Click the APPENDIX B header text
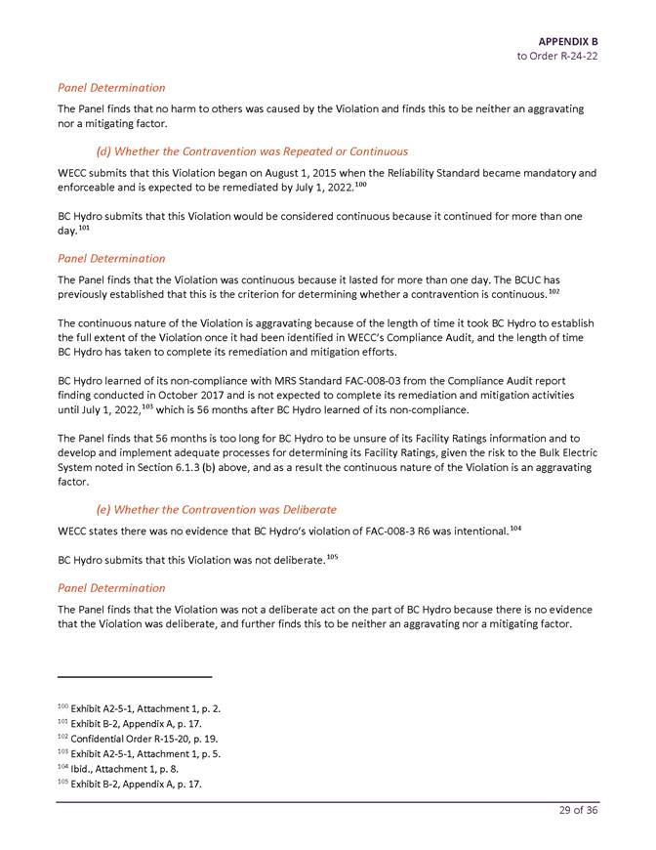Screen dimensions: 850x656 coord(567,41)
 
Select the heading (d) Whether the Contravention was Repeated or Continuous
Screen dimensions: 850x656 coord(252,151)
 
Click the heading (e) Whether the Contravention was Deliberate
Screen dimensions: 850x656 coord(216,509)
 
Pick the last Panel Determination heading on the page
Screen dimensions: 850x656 coord(111,588)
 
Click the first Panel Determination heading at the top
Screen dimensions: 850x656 coord(111,88)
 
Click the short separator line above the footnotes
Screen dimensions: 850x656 coord(135,676)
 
